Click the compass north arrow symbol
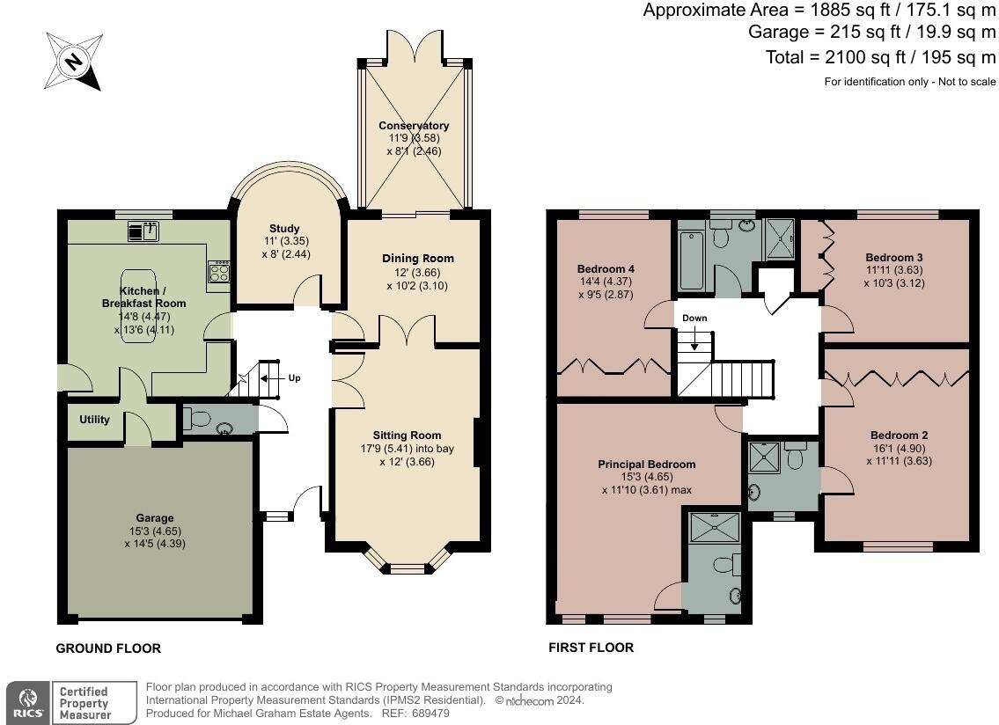coord(74,61)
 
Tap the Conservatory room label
coord(413,126)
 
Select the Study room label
coord(283,229)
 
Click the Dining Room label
coord(418,258)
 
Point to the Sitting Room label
coord(407,435)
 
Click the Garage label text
coord(154,518)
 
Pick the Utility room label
coord(94,420)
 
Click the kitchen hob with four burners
coord(219,272)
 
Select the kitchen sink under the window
coord(143,232)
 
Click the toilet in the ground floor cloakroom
coord(198,420)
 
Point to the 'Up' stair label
coord(294,378)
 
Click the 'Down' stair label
coord(694,319)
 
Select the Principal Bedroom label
coord(646,465)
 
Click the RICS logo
coord(26,702)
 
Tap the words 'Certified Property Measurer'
coord(84,703)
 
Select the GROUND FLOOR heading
coord(108,648)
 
